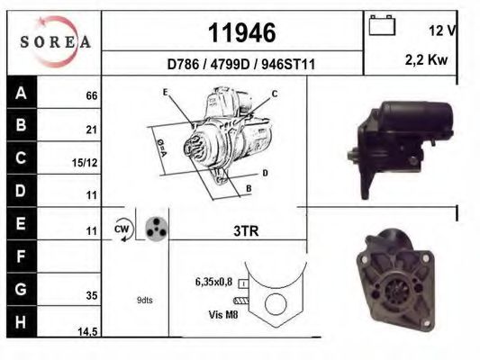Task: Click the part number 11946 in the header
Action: point(241,33)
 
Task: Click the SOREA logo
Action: point(55,41)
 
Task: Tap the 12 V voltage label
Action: point(441,31)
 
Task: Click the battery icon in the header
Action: point(383,27)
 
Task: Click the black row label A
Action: point(21,93)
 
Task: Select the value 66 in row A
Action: point(91,95)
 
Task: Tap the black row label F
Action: point(21,259)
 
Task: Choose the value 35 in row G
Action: point(91,293)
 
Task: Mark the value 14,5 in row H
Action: point(86,332)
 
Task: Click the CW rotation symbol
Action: point(122,229)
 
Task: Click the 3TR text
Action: point(246,231)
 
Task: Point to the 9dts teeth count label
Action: point(144,300)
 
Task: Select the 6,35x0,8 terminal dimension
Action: point(214,282)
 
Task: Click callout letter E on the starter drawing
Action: point(166,93)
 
